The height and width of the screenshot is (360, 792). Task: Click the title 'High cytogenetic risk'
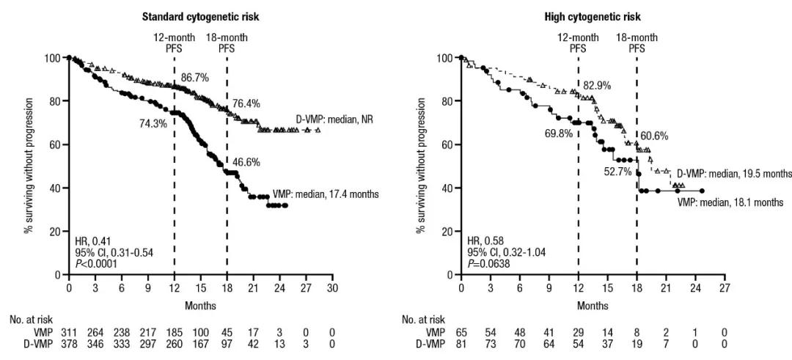[592, 15]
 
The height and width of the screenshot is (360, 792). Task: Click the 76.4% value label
[247, 104]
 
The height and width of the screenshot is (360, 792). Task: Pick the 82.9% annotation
[598, 86]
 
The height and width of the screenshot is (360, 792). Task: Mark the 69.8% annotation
[560, 134]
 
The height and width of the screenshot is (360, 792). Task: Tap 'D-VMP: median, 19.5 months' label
[733, 174]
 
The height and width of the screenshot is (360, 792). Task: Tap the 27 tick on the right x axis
[725, 287]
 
